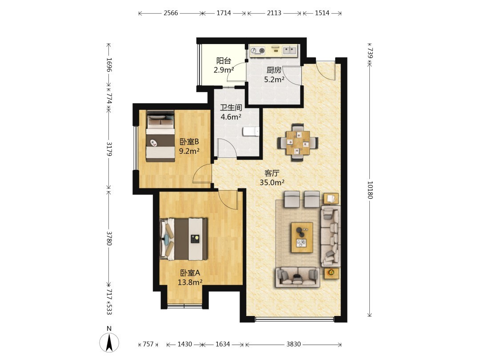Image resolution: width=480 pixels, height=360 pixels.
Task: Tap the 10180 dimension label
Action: click(x=370, y=190)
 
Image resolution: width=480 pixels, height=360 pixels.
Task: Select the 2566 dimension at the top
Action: click(x=171, y=13)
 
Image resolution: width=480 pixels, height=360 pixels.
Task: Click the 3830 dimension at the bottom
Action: click(x=293, y=344)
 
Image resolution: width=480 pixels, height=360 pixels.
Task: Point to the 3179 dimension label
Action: click(x=109, y=148)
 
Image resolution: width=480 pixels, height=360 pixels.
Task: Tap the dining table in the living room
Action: click(x=298, y=143)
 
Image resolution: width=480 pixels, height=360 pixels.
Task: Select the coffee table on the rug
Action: click(x=302, y=237)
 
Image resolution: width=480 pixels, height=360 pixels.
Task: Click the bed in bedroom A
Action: click(x=184, y=239)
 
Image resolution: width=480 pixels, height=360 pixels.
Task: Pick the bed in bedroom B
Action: click(x=160, y=136)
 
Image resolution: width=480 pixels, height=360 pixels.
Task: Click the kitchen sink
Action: click(x=289, y=50)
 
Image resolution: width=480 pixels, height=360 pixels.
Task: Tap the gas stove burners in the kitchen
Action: click(x=258, y=51)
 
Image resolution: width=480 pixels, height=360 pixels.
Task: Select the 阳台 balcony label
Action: click(x=224, y=60)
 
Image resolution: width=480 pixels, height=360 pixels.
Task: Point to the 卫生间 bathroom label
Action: click(x=231, y=108)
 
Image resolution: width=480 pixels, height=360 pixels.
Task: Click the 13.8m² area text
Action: click(x=190, y=282)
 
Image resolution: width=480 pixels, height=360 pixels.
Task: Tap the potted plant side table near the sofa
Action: click(x=331, y=272)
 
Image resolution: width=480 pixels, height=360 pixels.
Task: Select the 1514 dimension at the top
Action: click(x=322, y=13)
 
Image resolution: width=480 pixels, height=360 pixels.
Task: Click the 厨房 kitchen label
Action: click(x=274, y=70)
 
